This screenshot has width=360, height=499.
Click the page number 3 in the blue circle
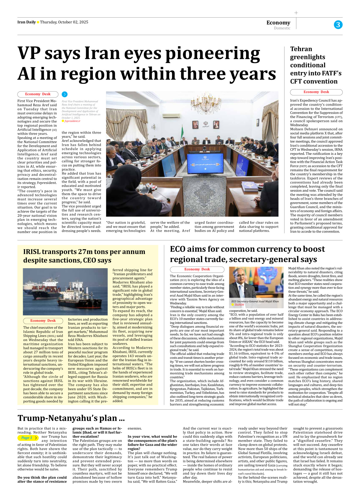coord(338,25)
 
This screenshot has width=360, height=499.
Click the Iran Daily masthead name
coord(26,22)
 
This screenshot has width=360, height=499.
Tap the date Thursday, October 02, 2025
coord(64,22)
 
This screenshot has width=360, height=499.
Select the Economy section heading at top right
coord(278,22)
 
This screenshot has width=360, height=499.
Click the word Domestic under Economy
coord(282,28)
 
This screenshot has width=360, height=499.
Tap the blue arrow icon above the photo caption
coord(65,94)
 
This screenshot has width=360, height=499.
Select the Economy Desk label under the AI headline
coord(38,94)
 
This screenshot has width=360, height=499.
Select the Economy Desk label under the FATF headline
coord(316,92)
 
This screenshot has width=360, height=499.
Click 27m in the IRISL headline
coord(85,252)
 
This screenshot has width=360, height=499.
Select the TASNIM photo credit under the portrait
coord(239,305)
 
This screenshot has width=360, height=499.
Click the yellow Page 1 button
coord(28,438)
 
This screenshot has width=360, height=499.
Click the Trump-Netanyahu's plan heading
coord(71,418)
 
